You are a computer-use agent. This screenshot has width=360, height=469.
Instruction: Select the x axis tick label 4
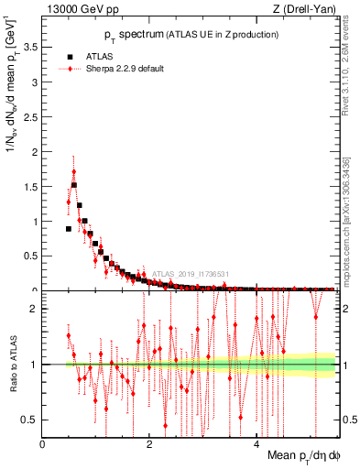pos(256,444)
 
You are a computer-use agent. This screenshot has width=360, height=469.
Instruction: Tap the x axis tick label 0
pos(43,444)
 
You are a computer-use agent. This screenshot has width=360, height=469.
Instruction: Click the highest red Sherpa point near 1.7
pos(74,170)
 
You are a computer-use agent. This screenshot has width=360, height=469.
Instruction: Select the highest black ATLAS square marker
pos(74,184)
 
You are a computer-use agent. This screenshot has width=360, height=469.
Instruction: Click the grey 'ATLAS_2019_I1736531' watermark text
pos(190,273)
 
